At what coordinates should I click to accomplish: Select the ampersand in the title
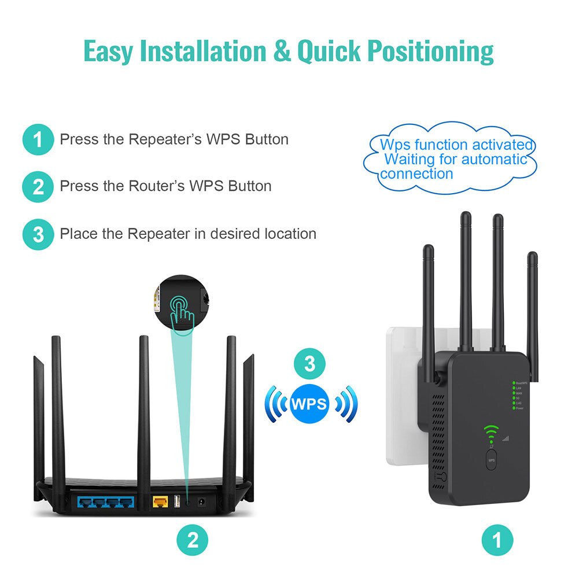282,51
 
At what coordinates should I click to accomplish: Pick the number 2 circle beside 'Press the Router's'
38,187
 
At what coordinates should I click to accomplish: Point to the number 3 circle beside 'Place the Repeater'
38,234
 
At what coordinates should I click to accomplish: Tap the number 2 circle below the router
193,540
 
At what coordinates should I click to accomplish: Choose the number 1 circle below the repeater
497,540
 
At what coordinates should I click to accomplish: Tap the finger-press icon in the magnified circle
182,311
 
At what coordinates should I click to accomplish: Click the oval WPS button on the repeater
492,461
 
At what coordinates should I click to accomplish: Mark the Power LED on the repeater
513,408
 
